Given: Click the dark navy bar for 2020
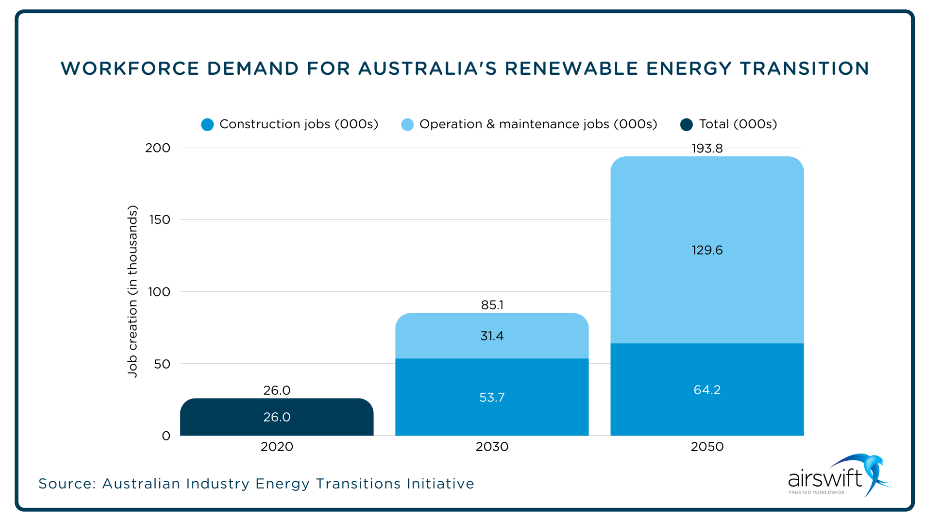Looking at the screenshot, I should coord(277,417).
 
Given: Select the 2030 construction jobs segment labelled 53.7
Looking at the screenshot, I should coord(491,398).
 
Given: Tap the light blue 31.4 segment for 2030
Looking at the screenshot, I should coord(491,336).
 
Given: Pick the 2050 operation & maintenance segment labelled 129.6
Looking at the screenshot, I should coord(707,250).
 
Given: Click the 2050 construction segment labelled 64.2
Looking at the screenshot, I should coord(707,390).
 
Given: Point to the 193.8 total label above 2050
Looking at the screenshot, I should coord(707,149).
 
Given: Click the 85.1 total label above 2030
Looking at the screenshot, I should coord(491,305).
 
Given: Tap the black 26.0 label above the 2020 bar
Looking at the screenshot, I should coord(277,390).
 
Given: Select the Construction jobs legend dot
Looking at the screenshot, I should coord(207,125).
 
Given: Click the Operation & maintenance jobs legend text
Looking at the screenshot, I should coord(538,124).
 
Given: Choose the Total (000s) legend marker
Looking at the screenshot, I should coord(686,125).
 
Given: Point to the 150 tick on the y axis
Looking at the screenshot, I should coord(160,220).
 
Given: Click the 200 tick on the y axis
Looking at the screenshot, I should coord(158,148).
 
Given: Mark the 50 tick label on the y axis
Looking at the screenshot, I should coord(162,364).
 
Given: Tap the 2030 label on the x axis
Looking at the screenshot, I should coord(491,447).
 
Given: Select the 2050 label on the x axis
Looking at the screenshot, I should coord(707,447).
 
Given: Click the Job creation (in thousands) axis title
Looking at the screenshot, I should coord(133,291).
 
